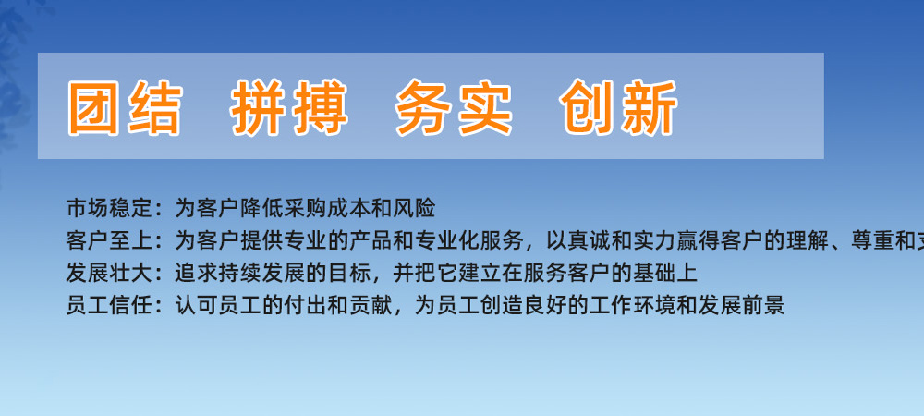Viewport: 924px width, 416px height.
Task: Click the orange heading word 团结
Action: (125, 108)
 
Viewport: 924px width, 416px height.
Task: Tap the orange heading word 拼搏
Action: (289, 108)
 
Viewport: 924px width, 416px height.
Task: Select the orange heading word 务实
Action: (454, 108)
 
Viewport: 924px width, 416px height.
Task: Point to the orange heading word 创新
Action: (619, 108)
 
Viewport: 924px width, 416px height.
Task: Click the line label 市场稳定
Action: (110, 209)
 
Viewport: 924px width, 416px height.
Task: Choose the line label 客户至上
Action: (110, 241)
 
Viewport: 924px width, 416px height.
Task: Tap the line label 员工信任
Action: (110, 306)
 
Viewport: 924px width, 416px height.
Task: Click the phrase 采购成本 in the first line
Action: (327, 209)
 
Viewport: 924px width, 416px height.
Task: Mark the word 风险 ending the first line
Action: (414, 209)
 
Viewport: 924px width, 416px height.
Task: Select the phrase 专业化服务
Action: (468, 241)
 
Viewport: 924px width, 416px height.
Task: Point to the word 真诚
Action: (590, 241)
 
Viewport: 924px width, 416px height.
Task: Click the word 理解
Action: (808, 241)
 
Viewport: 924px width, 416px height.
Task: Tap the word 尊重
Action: (873, 241)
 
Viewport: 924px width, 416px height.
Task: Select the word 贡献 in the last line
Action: (371, 306)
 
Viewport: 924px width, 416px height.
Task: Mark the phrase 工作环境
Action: (633, 306)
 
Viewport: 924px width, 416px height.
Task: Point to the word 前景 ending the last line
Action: (763, 306)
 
